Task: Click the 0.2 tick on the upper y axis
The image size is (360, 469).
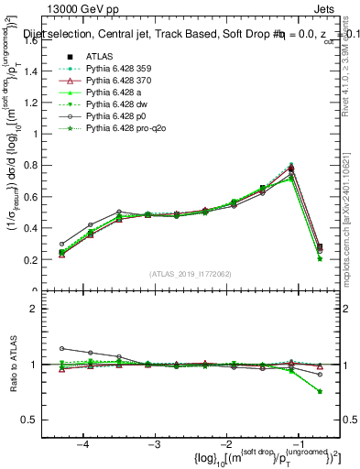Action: [x=41, y=260]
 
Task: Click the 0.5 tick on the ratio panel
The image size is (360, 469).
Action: [x=41, y=420]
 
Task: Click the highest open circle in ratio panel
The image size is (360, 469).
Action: [x=61, y=348]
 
